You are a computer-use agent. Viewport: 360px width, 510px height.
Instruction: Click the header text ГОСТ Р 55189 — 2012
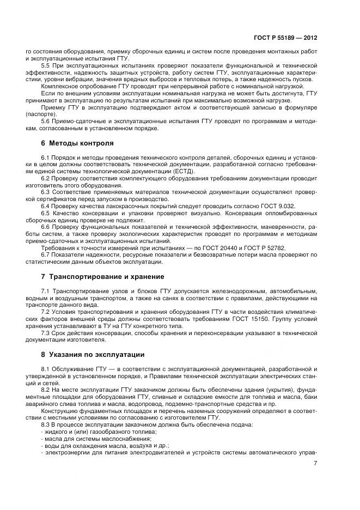pos(285,38)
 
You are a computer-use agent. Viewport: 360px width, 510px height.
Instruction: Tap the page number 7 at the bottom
pos(315,464)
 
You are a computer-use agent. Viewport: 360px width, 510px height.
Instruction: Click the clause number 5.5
pos(46,65)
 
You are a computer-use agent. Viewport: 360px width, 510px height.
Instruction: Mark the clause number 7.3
pos(46,332)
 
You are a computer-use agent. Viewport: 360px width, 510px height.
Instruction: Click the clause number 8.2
pos(46,390)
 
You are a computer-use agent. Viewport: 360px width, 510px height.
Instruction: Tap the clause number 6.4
pos(46,206)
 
